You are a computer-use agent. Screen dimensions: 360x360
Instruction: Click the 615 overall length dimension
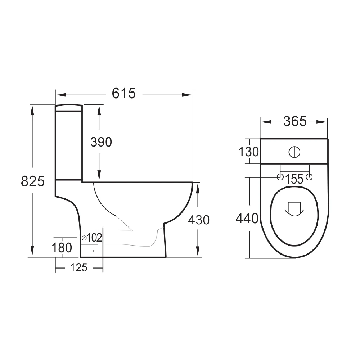[124, 93]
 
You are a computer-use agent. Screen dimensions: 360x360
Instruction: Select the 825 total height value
[33, 181]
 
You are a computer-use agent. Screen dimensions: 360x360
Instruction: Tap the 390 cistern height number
[101, 142]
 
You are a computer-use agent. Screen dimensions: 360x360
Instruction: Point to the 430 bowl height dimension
[199, 220]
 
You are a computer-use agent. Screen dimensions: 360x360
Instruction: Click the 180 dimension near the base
[62, 248]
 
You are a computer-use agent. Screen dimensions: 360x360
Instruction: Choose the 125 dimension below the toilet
[79, 267]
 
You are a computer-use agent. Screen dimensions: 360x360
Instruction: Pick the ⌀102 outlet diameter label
[92, 238]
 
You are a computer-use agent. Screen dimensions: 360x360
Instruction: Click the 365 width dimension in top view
[295, 121]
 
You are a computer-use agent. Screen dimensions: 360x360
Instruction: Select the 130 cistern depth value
[249, 152]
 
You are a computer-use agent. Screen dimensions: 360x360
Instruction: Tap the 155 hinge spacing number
[294, 179]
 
